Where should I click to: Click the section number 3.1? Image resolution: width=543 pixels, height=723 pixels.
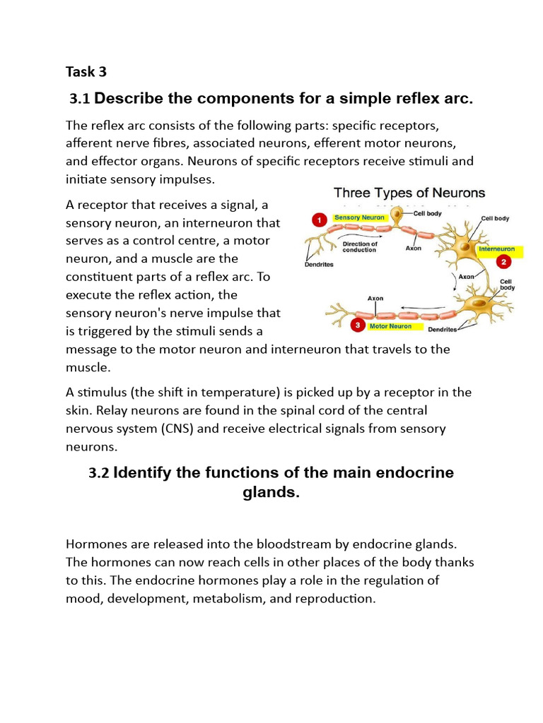coord(80,100)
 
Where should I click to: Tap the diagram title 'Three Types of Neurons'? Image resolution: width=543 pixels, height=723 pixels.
coord(409,193)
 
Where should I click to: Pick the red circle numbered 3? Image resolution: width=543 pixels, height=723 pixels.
coord(358,325)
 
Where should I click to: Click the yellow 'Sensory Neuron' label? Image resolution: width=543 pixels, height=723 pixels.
coord(360,217)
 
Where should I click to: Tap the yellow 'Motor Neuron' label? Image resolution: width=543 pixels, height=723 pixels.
coord(390,326)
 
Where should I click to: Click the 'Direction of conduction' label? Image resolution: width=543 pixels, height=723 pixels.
coord(360,247)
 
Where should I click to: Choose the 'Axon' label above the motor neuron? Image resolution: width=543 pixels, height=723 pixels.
coord(375,299)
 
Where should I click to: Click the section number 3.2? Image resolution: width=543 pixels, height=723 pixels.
coord(99,473)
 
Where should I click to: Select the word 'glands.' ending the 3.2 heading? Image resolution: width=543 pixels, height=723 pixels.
coord(271,493)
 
